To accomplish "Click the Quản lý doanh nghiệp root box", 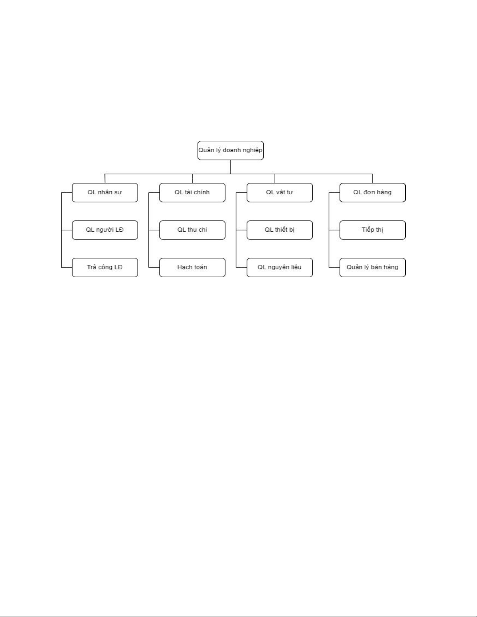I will [231, 150].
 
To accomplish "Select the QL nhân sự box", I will [105, 192].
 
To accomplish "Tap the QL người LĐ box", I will [105, 230].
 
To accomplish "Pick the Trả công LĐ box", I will [105, 267].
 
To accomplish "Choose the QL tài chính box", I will [192, 192].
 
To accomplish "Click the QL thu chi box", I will [192, 230].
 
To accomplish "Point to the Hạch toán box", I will [192, 267].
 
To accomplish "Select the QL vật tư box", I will [280, 192].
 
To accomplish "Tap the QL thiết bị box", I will [280, 230].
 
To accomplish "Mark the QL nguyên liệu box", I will [280, 267].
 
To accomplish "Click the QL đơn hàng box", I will [372, 192].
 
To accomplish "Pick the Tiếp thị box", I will [372, 230].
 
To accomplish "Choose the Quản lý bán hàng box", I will [372, 267].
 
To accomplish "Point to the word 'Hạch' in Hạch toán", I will [184, 267].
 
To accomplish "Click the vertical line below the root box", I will [231, 167].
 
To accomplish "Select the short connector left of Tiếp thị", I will [334, 230].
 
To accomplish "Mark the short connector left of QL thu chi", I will [154, 230].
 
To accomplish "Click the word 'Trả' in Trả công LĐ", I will [92, 267].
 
